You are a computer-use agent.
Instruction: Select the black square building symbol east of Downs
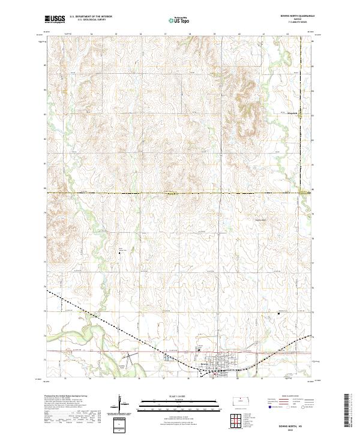point(278,313)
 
